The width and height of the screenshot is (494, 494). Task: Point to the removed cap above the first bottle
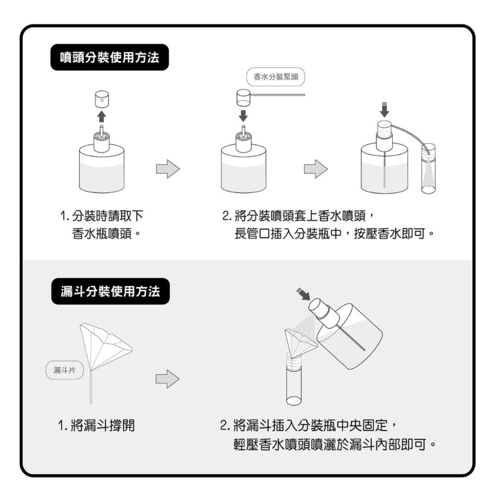101,99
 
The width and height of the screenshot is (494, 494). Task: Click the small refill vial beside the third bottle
427,168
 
